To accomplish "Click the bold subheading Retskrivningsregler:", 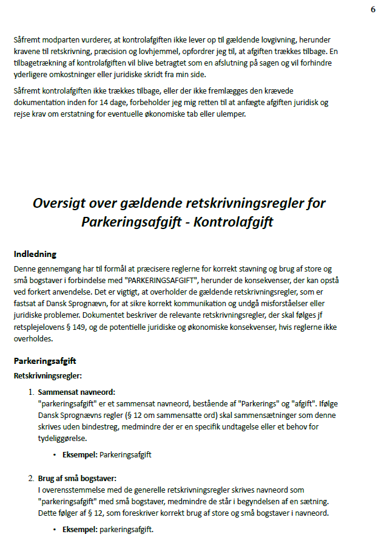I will click(47, 376).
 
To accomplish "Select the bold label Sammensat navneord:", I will click(76, 392).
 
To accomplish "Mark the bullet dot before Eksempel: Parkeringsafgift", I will click(55, 454).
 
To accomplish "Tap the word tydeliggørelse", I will click(62, 438).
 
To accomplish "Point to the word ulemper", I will click(229, 114).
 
